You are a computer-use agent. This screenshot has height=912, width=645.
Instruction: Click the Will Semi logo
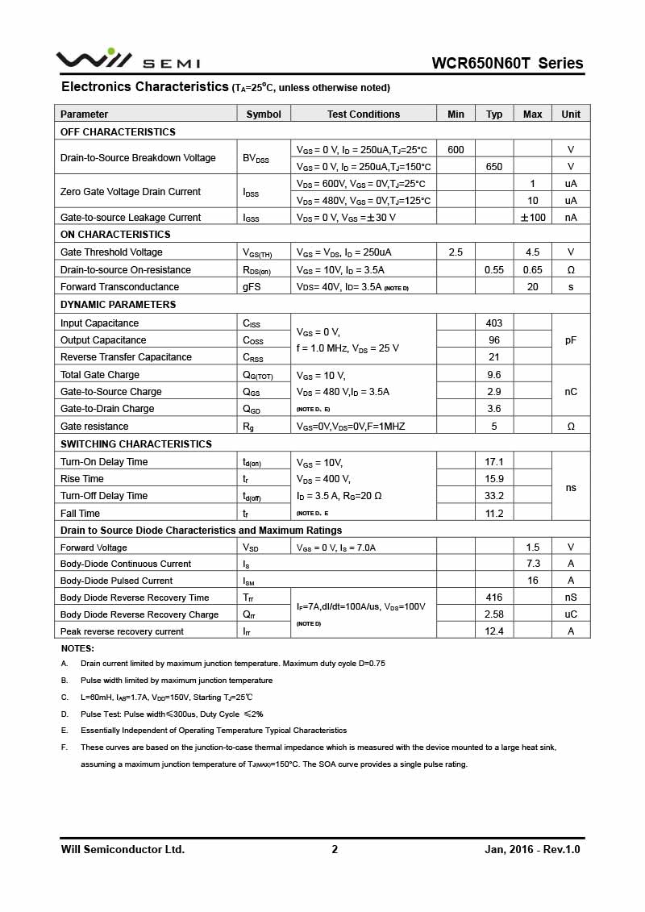127,60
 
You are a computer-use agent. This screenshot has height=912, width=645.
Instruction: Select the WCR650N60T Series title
507,63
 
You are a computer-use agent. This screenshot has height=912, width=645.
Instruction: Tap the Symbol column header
264,115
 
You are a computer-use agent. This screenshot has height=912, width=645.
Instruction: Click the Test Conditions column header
364,115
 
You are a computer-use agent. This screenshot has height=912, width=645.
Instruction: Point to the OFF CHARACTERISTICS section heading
118,131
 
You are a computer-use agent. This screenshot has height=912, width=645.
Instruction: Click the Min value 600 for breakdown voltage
456,149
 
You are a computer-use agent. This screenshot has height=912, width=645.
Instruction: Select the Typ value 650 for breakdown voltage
494,166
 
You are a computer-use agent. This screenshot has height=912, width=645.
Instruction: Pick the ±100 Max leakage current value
532,217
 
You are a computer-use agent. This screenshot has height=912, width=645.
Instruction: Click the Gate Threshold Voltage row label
111,252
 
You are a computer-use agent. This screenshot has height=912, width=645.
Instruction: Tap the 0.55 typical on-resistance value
494,269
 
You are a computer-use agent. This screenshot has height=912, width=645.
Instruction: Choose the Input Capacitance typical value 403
494,323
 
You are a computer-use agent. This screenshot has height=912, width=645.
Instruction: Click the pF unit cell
571,340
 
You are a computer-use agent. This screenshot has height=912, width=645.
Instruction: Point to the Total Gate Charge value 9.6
494,375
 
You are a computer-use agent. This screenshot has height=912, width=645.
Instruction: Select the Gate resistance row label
94,427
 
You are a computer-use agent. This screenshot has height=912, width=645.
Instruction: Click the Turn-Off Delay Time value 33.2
494,496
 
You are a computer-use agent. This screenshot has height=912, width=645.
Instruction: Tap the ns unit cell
571,488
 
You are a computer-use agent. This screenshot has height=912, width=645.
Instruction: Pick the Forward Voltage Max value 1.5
532,548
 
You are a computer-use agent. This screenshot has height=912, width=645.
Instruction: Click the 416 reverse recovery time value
494,598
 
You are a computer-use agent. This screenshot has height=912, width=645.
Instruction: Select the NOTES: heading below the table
77,648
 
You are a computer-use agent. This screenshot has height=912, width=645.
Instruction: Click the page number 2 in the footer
335,849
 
